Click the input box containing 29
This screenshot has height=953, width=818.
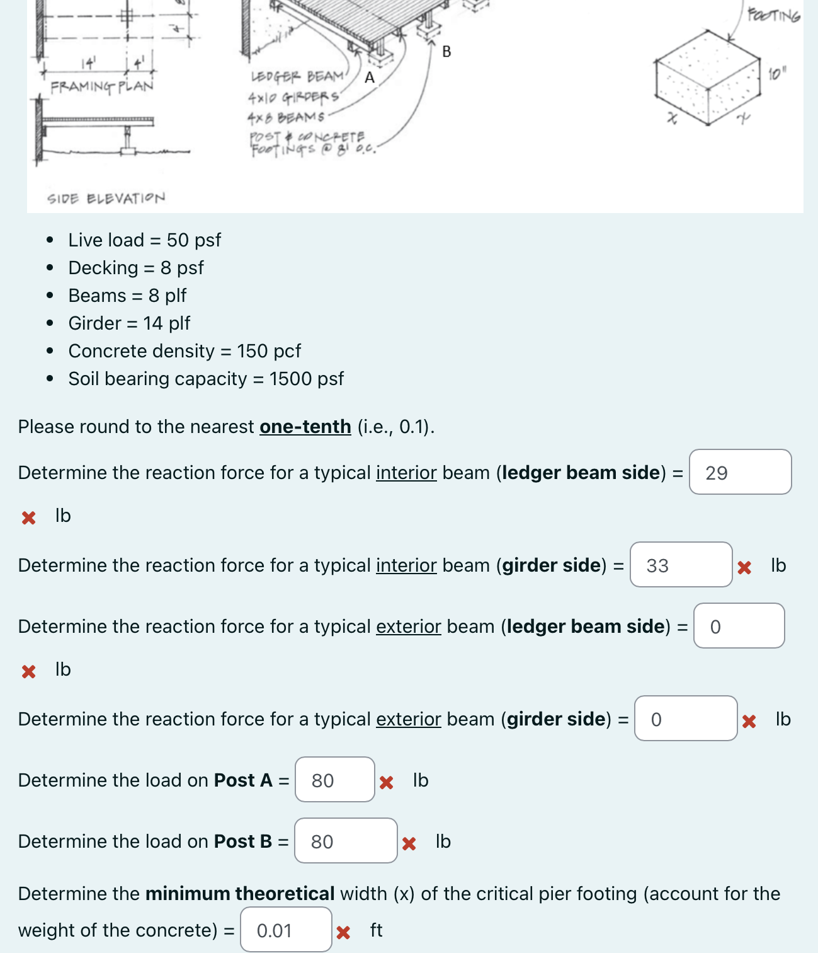(740, 472)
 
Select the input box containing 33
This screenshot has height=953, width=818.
(681, 565)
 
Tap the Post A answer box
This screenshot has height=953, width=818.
(334, 780)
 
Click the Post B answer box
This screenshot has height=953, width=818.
(345, 841)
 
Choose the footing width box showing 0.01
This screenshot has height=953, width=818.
(286, 930)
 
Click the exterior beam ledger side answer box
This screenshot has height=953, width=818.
(739, 626)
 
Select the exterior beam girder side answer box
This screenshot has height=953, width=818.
(685, 719)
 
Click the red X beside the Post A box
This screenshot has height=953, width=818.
(387, 782)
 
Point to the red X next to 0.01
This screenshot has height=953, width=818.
(343, 932)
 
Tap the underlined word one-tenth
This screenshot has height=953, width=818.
(305, 427)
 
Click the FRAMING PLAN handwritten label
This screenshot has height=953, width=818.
(102, 86)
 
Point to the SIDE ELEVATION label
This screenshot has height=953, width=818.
(106, 199)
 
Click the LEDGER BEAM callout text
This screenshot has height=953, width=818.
(297, 77)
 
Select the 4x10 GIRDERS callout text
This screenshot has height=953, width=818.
(293, 98)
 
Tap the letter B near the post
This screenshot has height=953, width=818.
(446, 52)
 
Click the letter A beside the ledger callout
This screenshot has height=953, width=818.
(370, 78)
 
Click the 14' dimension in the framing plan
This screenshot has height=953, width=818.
(89, 63)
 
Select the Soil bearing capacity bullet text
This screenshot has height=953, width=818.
(206, 379)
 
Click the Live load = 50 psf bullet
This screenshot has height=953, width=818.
(145, 240)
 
